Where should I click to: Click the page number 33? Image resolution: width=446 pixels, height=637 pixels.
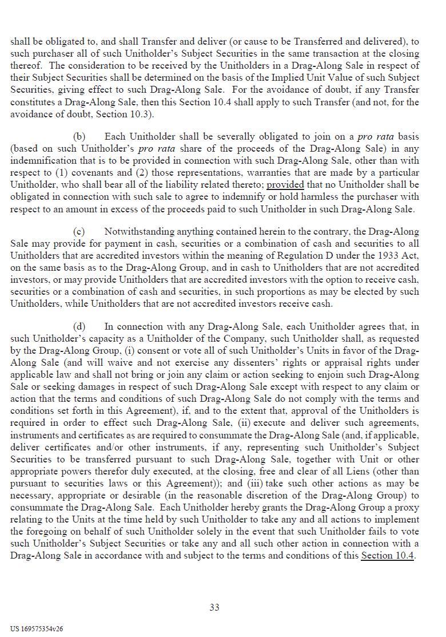214,607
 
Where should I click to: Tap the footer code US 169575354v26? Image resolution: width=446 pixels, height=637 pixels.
37,628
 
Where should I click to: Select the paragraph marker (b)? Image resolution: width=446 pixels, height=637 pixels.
79,137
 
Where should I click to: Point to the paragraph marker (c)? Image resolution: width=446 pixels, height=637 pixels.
79,232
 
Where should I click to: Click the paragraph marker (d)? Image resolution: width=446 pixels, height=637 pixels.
79,327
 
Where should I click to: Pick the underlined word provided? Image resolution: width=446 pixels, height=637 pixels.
285,185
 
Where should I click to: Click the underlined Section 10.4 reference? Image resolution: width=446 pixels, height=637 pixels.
387,556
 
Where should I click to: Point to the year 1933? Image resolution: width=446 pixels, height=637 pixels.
389,256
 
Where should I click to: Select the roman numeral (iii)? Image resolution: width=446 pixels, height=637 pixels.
255,483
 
